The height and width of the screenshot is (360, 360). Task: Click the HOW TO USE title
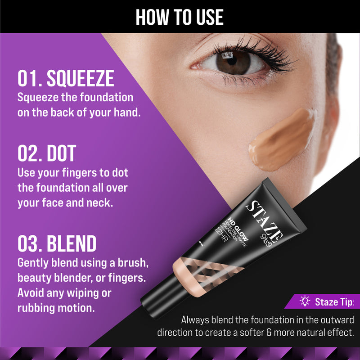180,17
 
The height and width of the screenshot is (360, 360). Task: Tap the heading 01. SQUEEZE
66,78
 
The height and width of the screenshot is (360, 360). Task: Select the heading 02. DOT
47,153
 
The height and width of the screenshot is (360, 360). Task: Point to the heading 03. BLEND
57,243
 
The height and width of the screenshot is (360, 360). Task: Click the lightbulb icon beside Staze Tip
305,301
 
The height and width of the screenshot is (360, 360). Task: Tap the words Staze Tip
334,302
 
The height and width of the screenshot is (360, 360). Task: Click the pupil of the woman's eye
232,60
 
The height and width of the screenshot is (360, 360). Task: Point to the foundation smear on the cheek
282,140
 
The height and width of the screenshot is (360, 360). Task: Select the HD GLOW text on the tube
238,229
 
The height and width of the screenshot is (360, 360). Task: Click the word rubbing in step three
36,308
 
